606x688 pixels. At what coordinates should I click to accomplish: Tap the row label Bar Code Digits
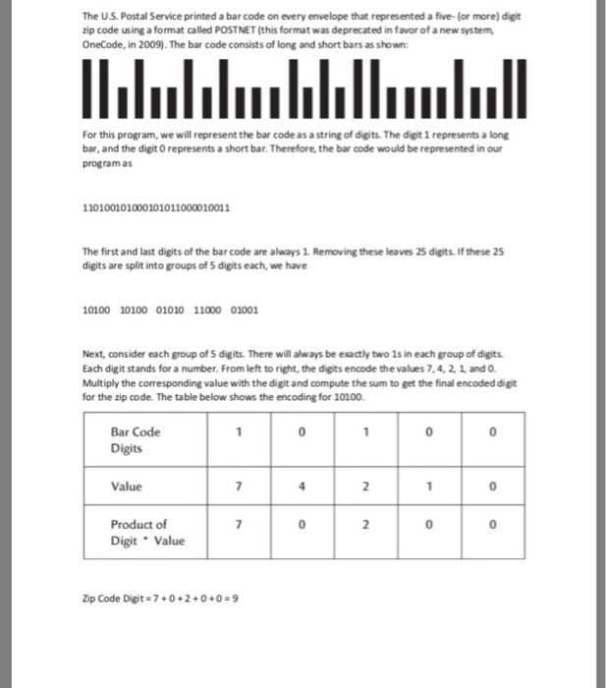(x=136, y=438)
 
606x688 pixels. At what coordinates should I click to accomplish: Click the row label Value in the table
(x=127, y=487)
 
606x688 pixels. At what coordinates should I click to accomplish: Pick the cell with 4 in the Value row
(x=303, y=487)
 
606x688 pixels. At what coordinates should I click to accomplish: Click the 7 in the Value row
(x=238, y=487)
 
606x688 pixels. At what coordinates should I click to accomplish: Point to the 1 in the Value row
(x=430, y=487)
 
